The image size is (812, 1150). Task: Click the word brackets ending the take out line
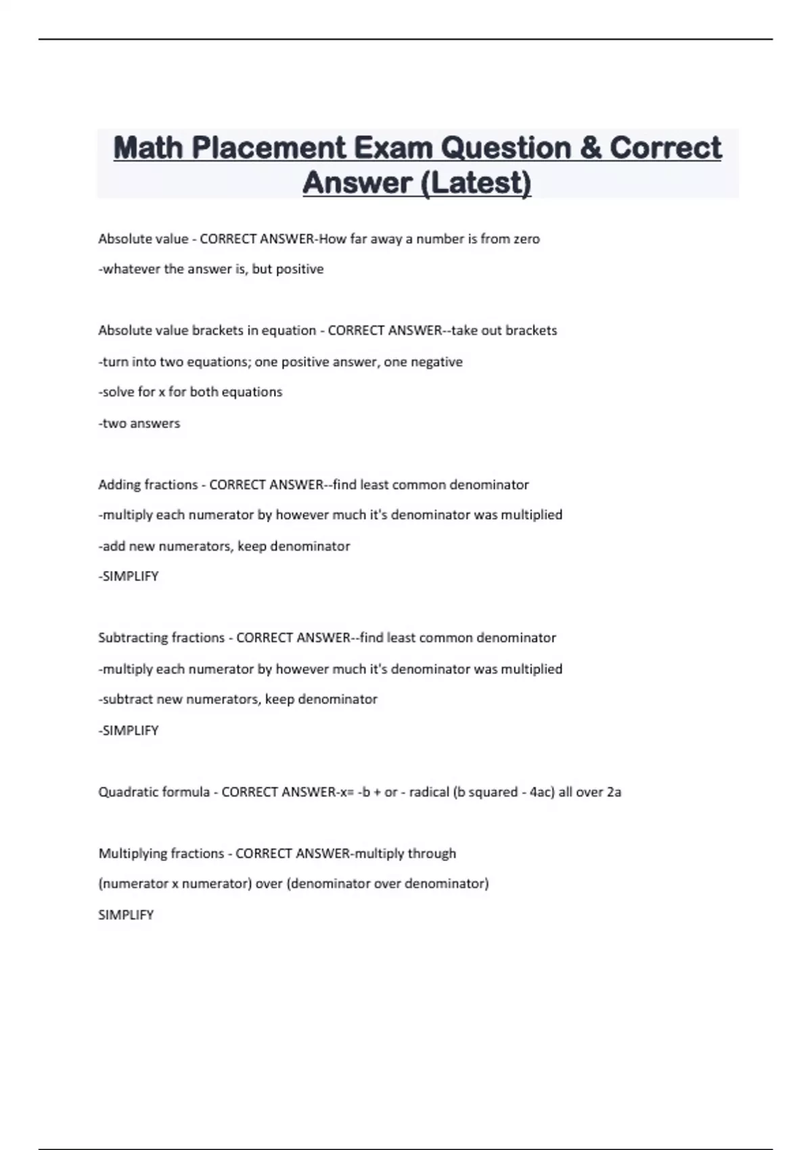click(531, 331)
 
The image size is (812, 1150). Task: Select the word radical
click(429, 792)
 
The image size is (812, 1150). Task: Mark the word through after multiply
click(432, 854)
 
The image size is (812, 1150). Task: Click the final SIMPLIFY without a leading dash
click(126, 915)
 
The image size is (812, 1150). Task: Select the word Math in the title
click(148, 148)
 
